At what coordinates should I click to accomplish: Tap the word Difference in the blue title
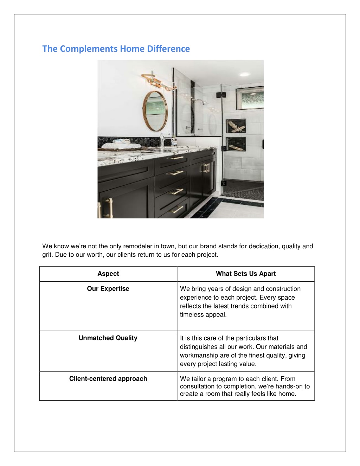168,49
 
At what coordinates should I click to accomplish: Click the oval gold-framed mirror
155,111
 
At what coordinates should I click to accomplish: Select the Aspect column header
108,274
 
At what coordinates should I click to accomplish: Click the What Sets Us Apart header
246,274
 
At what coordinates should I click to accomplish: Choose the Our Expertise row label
108,289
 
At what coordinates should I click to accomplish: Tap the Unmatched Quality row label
108,338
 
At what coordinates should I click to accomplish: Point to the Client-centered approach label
108,379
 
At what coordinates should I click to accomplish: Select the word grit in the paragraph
47,255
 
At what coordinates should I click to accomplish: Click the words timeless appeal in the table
203,315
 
